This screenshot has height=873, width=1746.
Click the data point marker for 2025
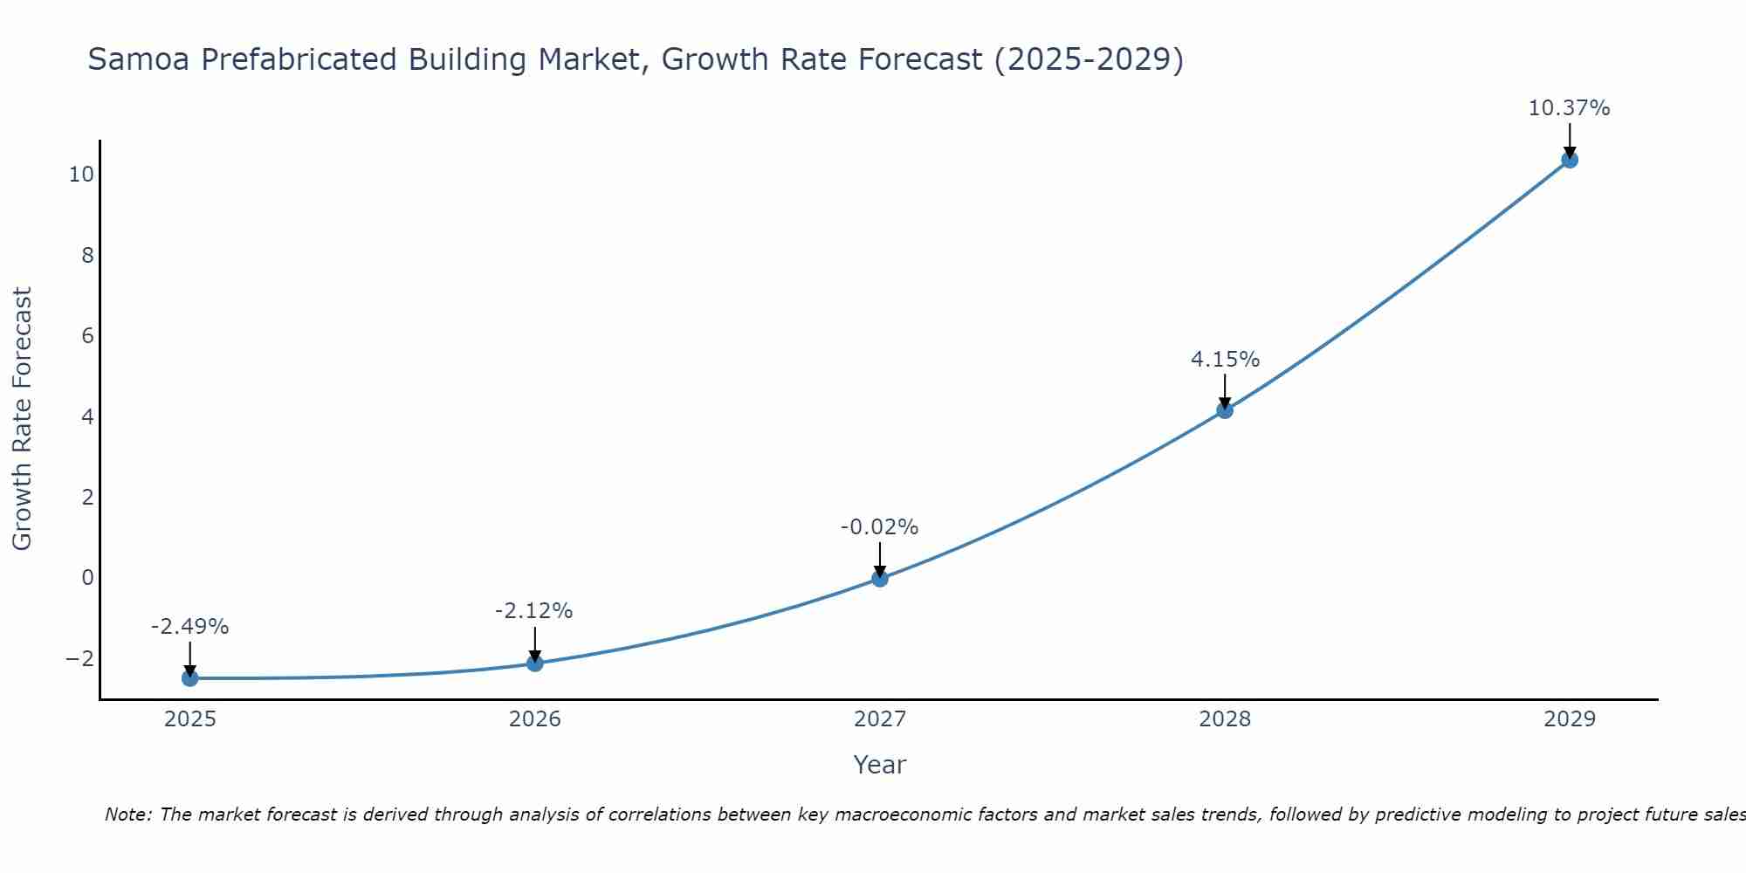[x=190, y=678]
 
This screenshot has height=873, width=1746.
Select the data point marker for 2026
[x=535, y=663]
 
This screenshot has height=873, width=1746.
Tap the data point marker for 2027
[x=880, y=578]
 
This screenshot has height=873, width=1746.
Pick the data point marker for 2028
[x=1225, y=410]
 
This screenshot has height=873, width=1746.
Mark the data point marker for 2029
[x=1570, y=160]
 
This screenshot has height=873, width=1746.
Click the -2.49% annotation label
[x=189, y=627]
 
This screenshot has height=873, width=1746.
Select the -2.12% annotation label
[x=533, y=611]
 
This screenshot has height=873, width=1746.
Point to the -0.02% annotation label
[x=879, y=527]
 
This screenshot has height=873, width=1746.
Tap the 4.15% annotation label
[x=1225, y=360]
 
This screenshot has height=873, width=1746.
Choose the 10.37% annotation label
[x=1569, y=108]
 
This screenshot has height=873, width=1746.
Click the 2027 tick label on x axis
[x=880, y=719]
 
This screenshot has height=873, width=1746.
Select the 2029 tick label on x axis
[x=1570, y=719]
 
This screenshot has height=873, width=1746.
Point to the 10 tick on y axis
[x=81, y=175]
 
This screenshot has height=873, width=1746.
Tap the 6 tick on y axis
[x=87, y=336]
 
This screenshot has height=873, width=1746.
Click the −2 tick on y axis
[x=79, y=658]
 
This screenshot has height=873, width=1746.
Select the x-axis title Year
[x=880, y=765]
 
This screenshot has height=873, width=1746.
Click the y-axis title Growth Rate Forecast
[x=22, y=419]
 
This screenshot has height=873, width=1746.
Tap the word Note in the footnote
[x=127, y=815]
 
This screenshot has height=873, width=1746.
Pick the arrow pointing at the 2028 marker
[x=1225, y=391]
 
